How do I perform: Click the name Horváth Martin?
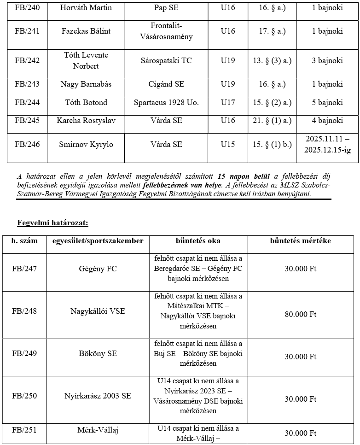(x=86, y=8)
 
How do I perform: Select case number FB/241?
(x=27, y=31)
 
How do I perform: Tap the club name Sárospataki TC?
(x=166, y=60)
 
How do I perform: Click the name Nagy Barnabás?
(x=86, y=84)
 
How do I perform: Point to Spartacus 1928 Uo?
(x=166, y=102)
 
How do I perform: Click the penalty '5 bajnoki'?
(x=327, y=102)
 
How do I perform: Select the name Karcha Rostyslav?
(x=86, y=121)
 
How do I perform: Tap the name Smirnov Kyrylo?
(x=86, y=145)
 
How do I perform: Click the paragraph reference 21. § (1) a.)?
(x=272, y=121)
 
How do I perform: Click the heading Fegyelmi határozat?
(x=52, y=223)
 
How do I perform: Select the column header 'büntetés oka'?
(x=198, y=241)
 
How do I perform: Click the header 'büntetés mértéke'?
(x=300, y=241)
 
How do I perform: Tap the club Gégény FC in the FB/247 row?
(x=98, y=269)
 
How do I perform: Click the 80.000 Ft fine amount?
(x=300, y=315)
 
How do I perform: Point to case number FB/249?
(x=24, y=354)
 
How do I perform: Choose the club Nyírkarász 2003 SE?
(x=98, y=396)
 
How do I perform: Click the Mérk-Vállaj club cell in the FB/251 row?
(x=98, y=430)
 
